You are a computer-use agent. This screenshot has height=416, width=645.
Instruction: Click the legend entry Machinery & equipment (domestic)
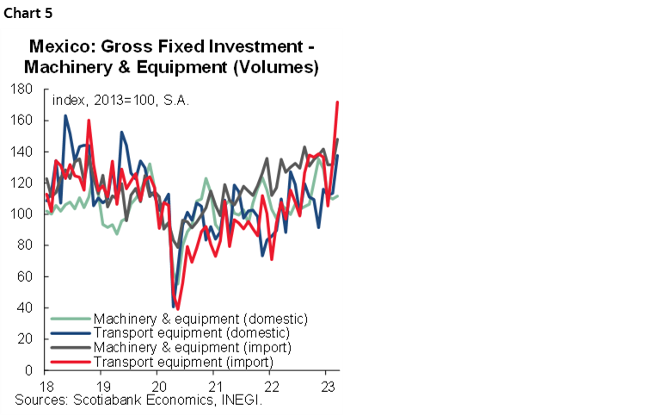(x=200, y=318)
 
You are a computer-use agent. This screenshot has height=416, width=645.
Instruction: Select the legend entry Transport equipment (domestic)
(x=191, y=332)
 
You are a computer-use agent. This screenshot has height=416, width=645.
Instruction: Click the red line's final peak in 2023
(x=336, y=102)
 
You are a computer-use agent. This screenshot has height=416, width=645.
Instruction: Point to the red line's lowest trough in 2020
(x=178, y=308)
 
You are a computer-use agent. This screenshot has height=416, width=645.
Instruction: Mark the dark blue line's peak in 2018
(x=65, y=116)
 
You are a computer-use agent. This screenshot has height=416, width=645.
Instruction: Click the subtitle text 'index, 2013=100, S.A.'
(x=120, y=100)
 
